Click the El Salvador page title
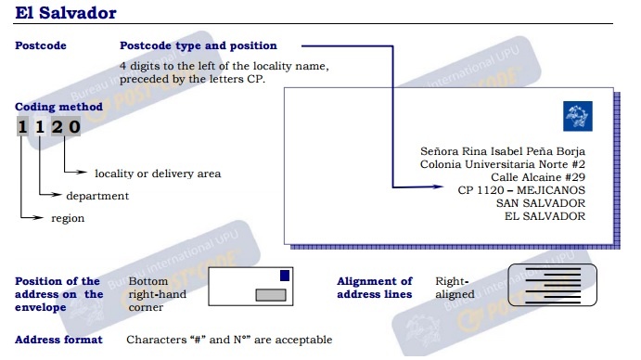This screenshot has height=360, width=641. [x=66, y=13]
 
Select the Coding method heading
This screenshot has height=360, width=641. [x=58, y=107]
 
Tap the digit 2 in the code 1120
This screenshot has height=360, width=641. [x=58, y=126]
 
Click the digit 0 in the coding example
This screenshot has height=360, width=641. [x=74, y=126]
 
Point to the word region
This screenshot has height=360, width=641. [x=68, y=218]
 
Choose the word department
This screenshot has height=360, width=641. [x=97, y=196]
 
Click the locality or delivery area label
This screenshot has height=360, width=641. [x=158, y=174]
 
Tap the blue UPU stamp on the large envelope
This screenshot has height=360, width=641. [x=578, y=116]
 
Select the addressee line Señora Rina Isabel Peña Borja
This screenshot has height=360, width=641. [x=503, y=151]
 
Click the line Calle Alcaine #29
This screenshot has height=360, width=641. [x=538, y=177]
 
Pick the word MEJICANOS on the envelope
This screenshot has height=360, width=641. [x=551, y=190]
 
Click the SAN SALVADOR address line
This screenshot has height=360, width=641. [x=541, y=203]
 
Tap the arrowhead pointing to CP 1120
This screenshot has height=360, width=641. [x=438, y=186]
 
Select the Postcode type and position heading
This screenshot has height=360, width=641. [x=199, y=45]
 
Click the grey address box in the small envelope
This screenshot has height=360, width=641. [x=271, y=295]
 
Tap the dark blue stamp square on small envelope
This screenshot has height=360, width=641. [x=285, y=276]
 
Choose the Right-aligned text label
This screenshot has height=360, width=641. [x=455, y=288]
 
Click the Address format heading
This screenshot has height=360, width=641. [x=58, y=340]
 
